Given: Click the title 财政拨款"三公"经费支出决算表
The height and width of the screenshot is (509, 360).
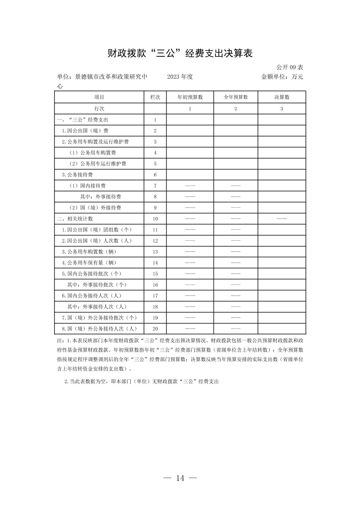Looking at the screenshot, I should coord(180,53).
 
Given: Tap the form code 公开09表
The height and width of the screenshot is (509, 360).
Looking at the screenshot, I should coord(290,67).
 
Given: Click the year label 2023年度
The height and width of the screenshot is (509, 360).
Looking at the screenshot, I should coord(180,77).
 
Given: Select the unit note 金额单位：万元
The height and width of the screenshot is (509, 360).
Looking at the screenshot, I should coord(282,77).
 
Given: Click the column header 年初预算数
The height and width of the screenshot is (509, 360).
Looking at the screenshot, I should coord(190,97).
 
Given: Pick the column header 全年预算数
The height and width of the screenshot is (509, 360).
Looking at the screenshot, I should coord(236,97).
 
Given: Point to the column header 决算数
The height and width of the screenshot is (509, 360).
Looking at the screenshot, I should coord(282,97).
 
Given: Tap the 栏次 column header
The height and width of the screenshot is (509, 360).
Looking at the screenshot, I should coord(155,97).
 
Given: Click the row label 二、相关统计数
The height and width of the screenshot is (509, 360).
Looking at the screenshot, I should coord(75,219).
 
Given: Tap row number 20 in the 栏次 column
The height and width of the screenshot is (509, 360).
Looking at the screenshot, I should coord(155,329).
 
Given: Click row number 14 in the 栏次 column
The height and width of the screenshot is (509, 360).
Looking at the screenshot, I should coord(155,263).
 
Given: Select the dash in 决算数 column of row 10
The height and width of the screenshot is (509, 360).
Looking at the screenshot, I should coord(282,219).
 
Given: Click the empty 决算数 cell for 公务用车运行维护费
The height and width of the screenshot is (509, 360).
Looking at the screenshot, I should coord(282,164).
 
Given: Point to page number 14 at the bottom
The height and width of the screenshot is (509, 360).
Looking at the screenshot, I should coord(180,478).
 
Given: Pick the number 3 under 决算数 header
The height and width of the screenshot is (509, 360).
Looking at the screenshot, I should coord(282,108).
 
